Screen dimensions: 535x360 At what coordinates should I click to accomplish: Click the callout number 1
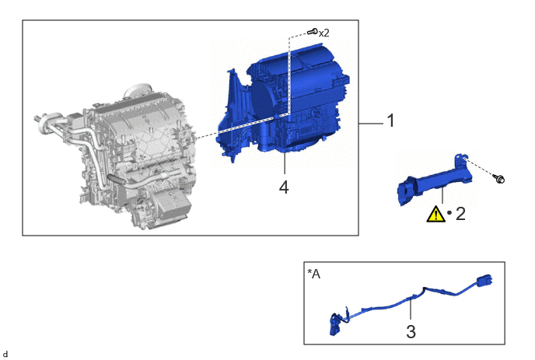390,121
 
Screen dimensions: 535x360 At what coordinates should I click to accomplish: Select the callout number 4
284,187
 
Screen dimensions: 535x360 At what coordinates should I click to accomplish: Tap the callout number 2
460,214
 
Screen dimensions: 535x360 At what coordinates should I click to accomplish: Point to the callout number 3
411,332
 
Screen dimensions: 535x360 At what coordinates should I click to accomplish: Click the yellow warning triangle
435,215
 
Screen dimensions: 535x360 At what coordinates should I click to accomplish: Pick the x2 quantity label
323,33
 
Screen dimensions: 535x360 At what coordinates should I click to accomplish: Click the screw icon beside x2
312,32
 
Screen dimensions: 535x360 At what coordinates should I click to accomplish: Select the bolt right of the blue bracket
498,178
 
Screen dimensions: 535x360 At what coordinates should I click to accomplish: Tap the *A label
314,274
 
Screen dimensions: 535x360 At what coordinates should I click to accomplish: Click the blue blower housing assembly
283,103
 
